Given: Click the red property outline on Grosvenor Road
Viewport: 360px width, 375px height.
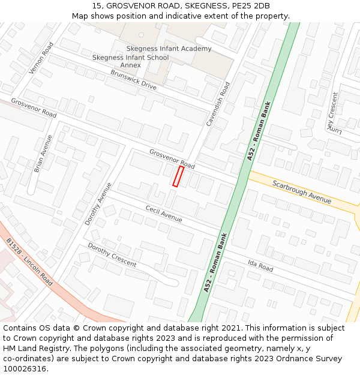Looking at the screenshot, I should (178, 176).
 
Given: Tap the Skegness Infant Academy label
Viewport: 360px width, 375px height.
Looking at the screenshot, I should (169, 49).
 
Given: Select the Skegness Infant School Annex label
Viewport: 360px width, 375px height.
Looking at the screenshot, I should (130, 61).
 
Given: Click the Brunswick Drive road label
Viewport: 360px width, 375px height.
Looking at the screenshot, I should (133, 80).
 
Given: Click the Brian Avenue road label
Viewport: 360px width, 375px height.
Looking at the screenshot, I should (43, 154).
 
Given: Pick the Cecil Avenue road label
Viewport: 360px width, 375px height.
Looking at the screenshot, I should (163, 213).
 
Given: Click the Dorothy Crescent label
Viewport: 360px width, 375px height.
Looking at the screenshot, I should (112, 255).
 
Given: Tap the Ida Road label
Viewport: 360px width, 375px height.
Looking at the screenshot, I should (260, 264).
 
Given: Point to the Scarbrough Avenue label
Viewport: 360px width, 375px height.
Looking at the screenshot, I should (301, 192).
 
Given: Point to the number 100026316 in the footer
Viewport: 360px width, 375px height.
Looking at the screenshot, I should (25, 368).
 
